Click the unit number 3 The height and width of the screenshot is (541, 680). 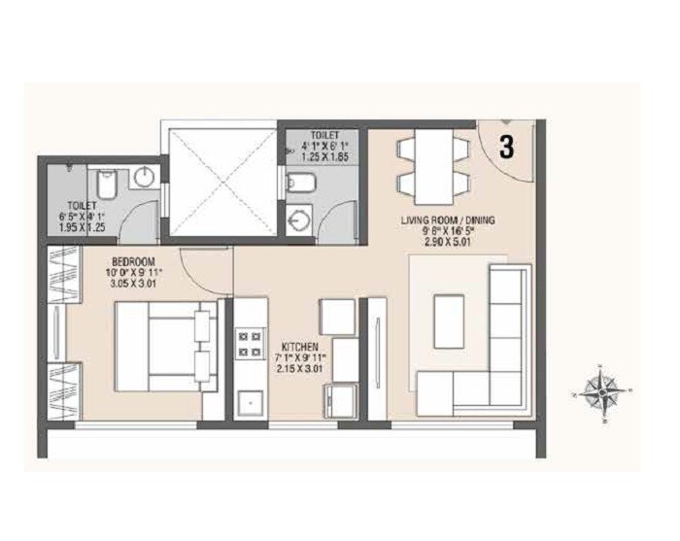coord(506,147)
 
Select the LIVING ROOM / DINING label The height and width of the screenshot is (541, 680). coord(447,220)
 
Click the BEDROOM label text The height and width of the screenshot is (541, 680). coord(128,261)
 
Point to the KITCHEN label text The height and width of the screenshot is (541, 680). coord(300,346)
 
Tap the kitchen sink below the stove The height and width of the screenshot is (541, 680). coord(249,400)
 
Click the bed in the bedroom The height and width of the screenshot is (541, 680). coord(162,345)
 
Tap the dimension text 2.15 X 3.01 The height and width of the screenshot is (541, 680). coord(300,369)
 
